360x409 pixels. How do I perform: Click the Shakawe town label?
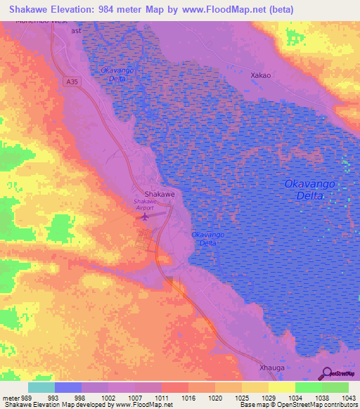(x=159, y=193)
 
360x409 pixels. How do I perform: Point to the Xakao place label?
(x=262, y=74)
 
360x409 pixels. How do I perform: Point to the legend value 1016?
(x=188, y=397)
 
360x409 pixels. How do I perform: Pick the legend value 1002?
(x=108, y=397)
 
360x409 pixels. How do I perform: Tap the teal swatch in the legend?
(x=41, y=387)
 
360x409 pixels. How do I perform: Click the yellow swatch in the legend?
(x=281, y=387)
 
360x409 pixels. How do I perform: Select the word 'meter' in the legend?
(x=11, y=397)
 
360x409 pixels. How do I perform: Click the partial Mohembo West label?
(x=42, y=22)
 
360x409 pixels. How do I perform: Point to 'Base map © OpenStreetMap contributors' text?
(x=297, y=405)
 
